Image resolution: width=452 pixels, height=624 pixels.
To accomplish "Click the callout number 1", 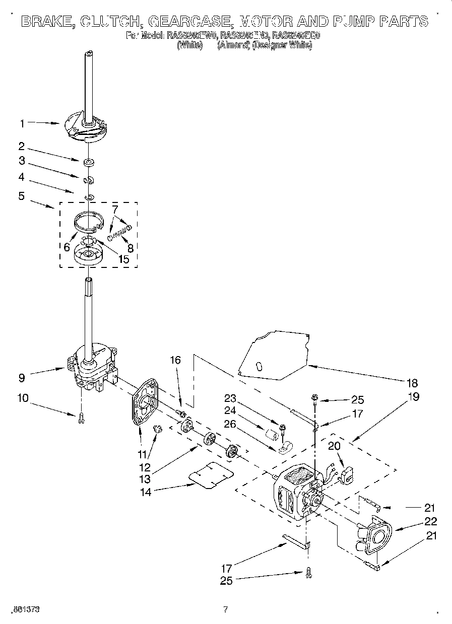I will (22, 122).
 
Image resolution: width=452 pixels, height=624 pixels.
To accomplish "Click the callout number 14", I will (146, 492).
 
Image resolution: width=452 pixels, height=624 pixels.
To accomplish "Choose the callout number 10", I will (23, 398).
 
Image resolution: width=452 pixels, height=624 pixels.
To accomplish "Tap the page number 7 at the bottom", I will (226, 609).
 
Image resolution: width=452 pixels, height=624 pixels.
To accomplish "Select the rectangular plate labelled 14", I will (211, 474).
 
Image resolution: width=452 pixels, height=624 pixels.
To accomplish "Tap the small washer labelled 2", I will (89, 162).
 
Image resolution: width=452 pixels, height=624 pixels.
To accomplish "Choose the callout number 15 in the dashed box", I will (123, 260).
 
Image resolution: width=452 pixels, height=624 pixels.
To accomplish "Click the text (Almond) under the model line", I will (233, 45).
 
